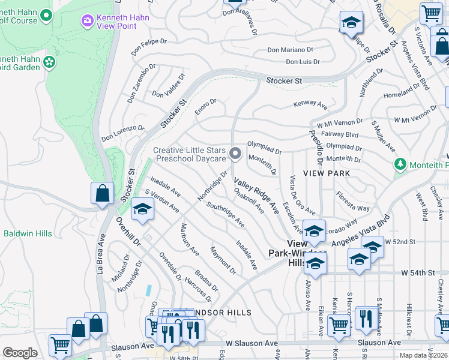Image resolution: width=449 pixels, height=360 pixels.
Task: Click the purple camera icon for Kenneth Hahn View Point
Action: point(88,21)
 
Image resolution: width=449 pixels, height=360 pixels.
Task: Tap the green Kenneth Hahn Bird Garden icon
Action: point(49,62)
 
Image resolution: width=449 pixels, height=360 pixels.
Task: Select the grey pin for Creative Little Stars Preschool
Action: point(236,155)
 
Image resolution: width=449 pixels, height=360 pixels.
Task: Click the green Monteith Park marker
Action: point(400,164)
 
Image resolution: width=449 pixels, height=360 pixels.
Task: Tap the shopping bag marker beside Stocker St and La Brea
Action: point(102,194)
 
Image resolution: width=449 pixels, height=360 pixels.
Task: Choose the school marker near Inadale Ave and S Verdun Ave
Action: point(142,209)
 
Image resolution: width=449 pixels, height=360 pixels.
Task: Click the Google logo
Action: point(20,353)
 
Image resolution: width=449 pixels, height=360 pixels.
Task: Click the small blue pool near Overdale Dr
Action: point(148,290)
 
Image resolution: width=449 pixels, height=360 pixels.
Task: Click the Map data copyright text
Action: point(424,355)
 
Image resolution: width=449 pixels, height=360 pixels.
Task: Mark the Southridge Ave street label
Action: point(225,214)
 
